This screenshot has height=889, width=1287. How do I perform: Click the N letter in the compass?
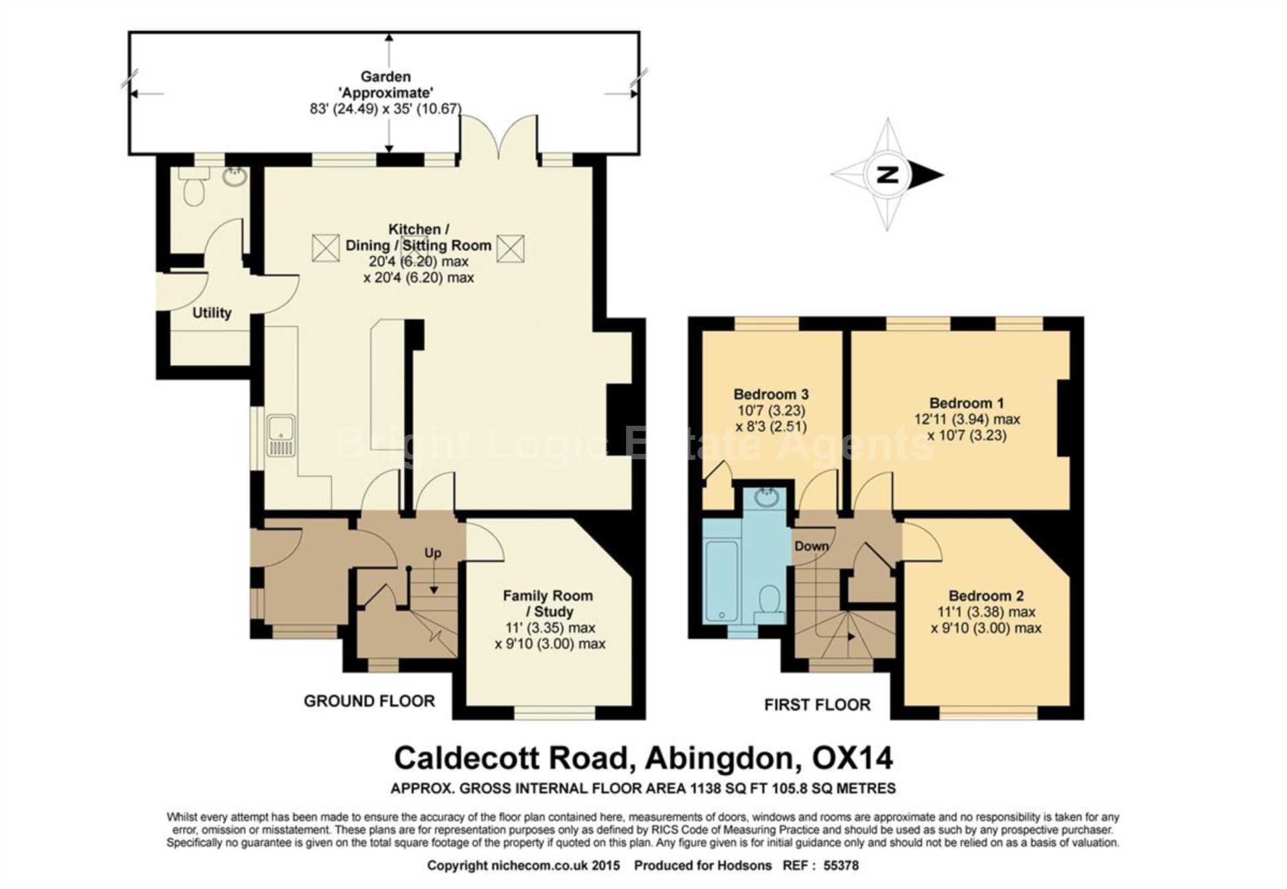coord(887,175)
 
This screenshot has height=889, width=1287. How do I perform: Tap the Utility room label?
coord(212,313)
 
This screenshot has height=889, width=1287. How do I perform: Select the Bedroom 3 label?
coord(771,394)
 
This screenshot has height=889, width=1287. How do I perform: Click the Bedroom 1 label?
coord(967,403)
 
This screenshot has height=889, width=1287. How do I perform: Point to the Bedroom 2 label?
coord(986,595)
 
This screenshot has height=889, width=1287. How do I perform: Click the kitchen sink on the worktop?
coord(281,436)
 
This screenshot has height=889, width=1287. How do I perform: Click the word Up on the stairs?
coord(433,553)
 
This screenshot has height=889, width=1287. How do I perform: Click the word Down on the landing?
coord(812,546)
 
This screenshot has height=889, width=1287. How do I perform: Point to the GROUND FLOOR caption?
coord(369,701)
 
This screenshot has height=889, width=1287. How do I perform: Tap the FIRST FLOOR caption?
coord(817,705)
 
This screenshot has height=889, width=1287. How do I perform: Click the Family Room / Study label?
coord(548,603)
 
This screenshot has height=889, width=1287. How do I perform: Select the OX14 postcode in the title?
coord(852,758)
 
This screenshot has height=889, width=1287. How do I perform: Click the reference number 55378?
coord(841,866)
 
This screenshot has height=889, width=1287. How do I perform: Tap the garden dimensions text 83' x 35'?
coord(385,109)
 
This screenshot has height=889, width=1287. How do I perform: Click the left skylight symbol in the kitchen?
coord(326,248)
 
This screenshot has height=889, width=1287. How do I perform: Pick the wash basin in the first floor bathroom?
coord(767,497)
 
